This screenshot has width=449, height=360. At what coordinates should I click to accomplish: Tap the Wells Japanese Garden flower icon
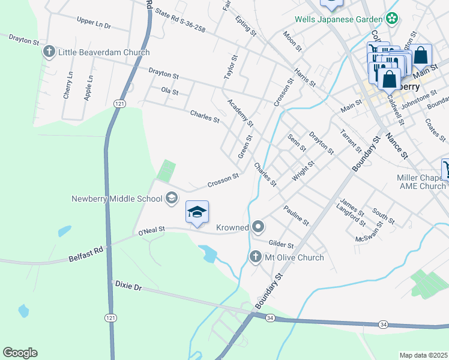coord(392,19)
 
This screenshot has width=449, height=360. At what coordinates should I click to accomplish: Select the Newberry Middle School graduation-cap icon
coord(172,198)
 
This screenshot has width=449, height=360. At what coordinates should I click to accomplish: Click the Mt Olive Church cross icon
coord(255,257)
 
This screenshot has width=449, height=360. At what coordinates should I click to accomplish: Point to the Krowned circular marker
coord(258,227)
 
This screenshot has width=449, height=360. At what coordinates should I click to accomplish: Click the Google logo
coord(20,353)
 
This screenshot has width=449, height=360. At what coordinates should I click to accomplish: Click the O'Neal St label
coord(151,230)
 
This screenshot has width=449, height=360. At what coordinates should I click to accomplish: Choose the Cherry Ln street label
coord(67,85)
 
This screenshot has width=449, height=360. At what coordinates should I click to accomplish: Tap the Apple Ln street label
coord(89,86)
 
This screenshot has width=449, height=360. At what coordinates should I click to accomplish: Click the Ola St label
coord(170,92)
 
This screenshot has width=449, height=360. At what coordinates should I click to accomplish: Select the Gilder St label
coord(281,244)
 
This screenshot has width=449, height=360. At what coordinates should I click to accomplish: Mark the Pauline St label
coord(296,215)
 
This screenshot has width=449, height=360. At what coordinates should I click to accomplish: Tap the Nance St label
coord(396,146)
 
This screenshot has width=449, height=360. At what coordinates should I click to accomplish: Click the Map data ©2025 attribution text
coord(424,355)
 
